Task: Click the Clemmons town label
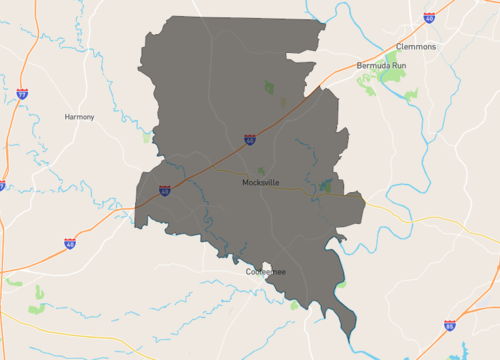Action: pyautogui.click(x=417, y=46)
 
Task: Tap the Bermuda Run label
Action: pyautogui.click(x=382, y=65)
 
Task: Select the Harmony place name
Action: pyautogui.click(x=79, y=117)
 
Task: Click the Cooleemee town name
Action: pyautogui.click(x=266, y=272)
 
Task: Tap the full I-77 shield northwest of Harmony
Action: pyautogui.click(x=22, y=94)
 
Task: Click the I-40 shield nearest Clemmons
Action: pyautogui.click(x=428, y=17)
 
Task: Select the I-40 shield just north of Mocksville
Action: pyautogui.click(x=249, y=140)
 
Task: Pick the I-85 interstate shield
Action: pyautogui.click(x=450, y=325)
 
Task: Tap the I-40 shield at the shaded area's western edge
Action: pyautogui.click(x=164, y=190)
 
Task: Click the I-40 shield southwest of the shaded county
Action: pyautogui.click(x=70, y=243)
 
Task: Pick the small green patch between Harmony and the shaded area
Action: pyautogui.click(x=148, y=137)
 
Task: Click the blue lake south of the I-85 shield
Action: pyautogui.click(x=462, y=350)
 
